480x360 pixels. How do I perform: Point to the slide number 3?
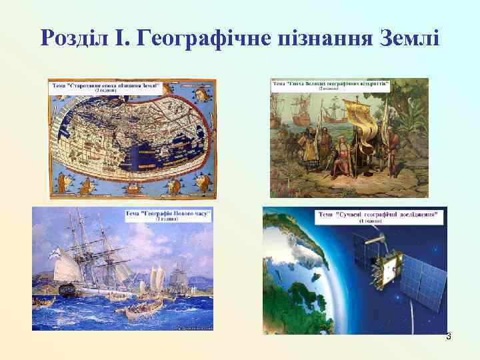click(448, 337)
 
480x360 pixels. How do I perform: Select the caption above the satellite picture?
click(378, 217)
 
